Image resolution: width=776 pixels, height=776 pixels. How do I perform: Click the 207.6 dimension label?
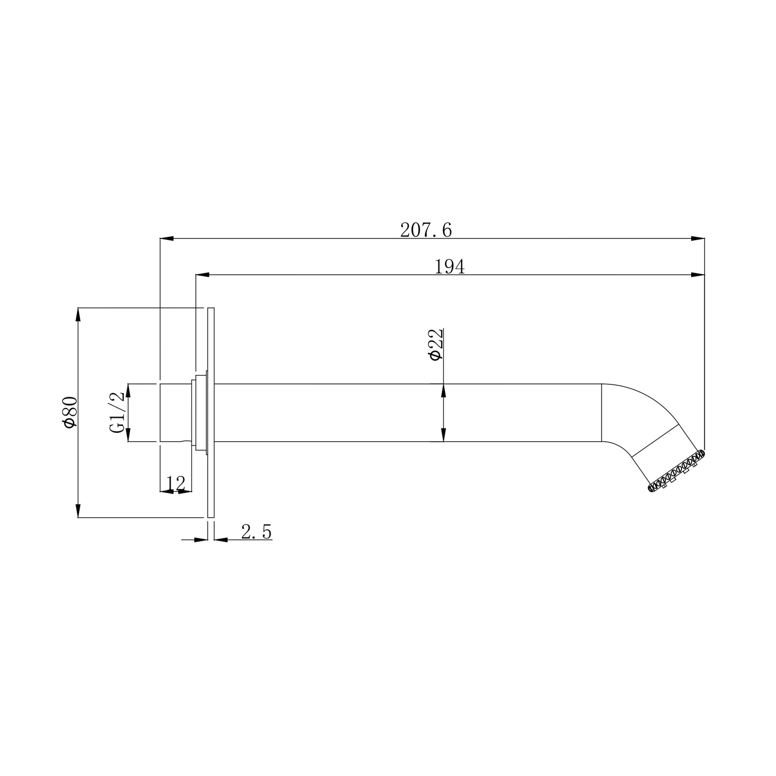(x=426, y=230)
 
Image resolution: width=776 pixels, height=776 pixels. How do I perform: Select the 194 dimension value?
(x=449, y=266)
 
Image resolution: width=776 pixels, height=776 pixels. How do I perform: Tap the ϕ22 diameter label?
(x=435, y=344)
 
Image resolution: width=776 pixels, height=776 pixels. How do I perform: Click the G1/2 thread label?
(x=117, y=412)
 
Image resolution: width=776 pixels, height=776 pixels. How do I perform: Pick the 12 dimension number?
(x=176, y=484)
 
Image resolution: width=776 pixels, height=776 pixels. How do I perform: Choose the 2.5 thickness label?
(x=257, y=532)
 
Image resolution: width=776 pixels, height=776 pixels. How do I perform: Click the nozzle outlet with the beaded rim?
(x=676, y=471)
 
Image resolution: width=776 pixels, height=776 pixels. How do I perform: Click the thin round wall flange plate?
(x=211, y=412)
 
